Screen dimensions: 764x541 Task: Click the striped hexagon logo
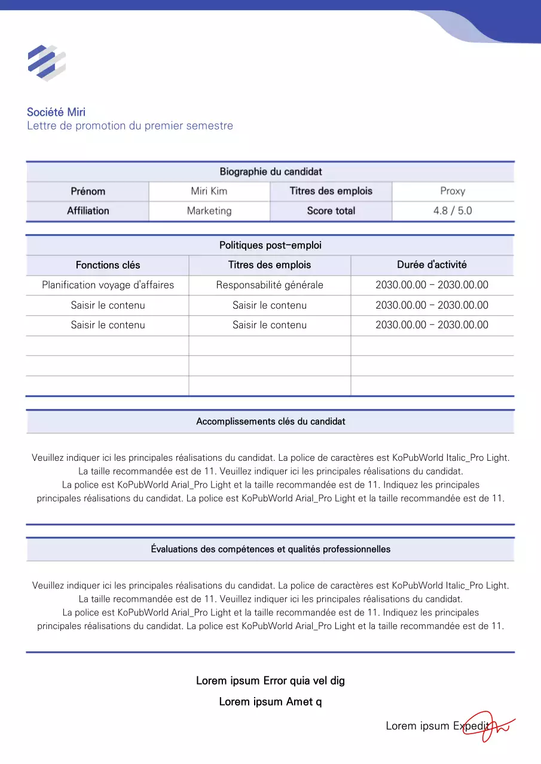47,62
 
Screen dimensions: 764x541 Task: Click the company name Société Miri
56,112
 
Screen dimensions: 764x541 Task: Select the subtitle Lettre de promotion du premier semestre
130,126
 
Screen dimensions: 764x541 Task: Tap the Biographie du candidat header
270,172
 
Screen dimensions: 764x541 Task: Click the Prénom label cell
88,192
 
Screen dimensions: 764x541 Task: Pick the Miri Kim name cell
209,192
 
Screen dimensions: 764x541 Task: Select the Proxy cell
453,192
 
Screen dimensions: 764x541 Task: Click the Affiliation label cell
88,211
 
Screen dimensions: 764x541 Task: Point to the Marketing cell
209,211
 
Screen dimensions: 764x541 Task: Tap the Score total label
331,211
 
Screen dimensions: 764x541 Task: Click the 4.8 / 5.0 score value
453,211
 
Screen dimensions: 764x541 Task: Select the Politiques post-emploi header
270,245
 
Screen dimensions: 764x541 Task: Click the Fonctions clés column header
108,265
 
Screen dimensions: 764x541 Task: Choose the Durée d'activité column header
432,264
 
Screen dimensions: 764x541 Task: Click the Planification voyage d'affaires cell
108,285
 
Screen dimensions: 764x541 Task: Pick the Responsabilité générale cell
270,285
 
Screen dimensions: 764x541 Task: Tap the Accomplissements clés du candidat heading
270,421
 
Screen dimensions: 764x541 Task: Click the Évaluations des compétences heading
270,549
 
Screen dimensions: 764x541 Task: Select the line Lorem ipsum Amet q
270,702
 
